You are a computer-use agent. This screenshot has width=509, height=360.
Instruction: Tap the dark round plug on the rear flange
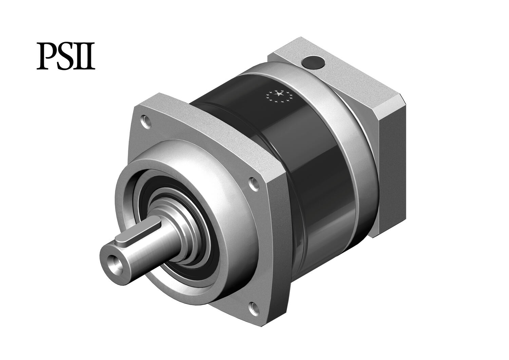313,62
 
